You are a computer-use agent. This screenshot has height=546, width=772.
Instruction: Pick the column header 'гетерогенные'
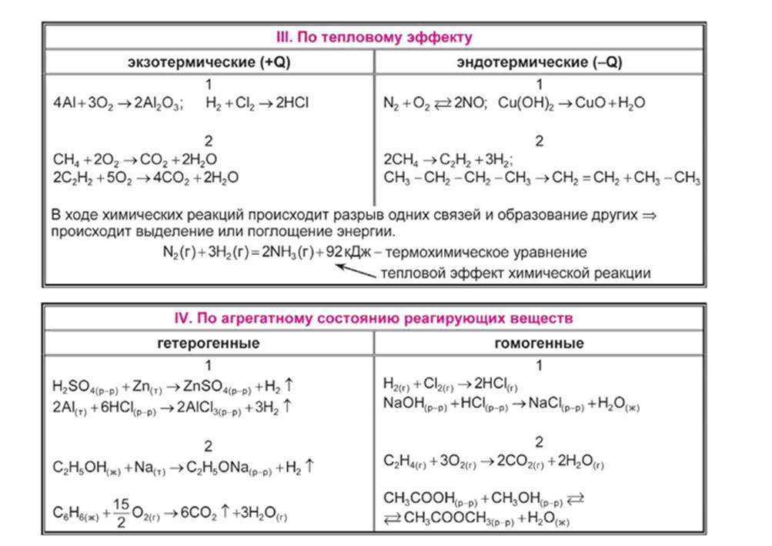209,343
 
